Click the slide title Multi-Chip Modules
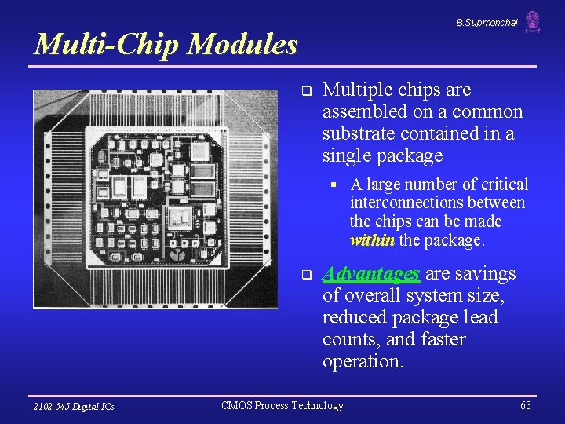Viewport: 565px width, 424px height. click(x=166, y=44)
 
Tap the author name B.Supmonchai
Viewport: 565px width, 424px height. click(x=487, y=23)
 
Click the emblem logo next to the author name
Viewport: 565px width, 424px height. click(x=533, y=22)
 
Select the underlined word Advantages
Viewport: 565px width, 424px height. click(x=371, y=274)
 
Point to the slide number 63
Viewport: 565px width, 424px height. click(x=526, y=405)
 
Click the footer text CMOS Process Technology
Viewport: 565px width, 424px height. click(x=282, y=405)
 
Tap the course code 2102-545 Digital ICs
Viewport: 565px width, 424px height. click(x=74, y=406)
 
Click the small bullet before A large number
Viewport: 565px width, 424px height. click(x=334, y=185)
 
